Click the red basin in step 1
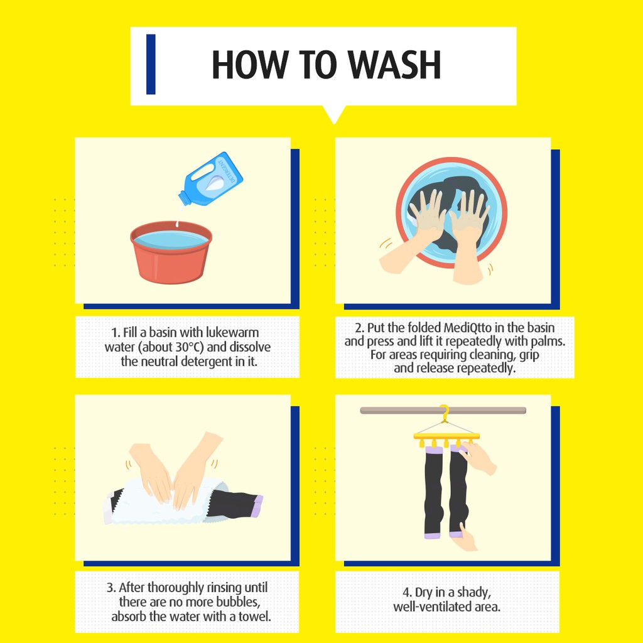pos(171,252)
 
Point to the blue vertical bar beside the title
pos(151,65)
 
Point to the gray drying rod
pos(443,411)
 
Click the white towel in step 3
pos(164,501)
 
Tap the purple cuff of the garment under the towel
pos(258,505)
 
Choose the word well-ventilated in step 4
pos(432,607)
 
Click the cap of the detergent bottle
pos(185,199)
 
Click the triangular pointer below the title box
pos(334,114)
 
